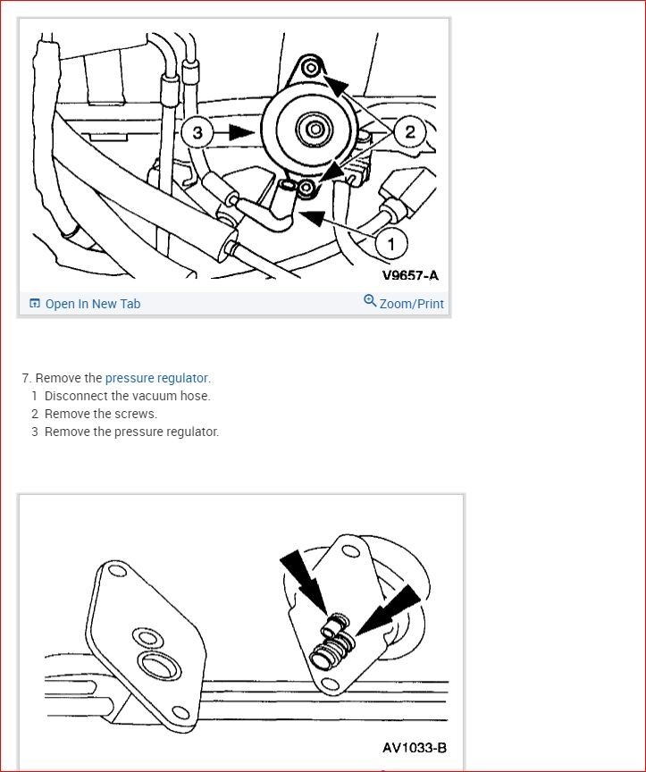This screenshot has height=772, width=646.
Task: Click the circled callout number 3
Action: pyautogui.click(x=197, y=133)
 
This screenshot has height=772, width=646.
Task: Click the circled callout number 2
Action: pyautogui.click(x=409, y=132)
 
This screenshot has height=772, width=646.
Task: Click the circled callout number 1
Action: pyautogui.click(x=390, y=242)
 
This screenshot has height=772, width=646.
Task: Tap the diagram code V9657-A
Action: pyautogui.click(x=410, y=275)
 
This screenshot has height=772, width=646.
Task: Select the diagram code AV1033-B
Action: pyautogui.click(x=414, y=747)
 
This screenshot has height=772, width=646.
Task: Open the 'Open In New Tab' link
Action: pyautogui.click(x=92, y=304)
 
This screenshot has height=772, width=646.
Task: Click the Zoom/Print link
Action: pyautogui.click(x=411, y=304)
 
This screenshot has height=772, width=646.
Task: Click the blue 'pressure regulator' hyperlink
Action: pyautogui.click(x=156, y=378)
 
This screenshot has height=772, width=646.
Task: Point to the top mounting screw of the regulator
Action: pyautogui.click(x=309, y=66)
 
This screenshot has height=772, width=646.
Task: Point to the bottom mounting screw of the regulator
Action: pyautogui.click(x=306, y=187)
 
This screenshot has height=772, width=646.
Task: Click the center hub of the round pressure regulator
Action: pyautogui.click(x=315, y=131)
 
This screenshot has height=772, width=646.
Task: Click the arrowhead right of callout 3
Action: pyautogui.click(x=241, y=132)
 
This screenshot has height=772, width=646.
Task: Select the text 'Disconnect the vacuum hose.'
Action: pyautogui.click(x=127, y=396)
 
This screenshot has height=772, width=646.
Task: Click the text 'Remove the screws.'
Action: pyautogui.click(x=100, y=414)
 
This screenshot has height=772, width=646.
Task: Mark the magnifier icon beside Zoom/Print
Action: pyautogui.click(x=370, y=301)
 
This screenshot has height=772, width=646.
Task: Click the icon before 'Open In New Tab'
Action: pyautogui.click(x=35, y=304)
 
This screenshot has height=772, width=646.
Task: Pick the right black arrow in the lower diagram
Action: pyautogui.click(x=394, y=608)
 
